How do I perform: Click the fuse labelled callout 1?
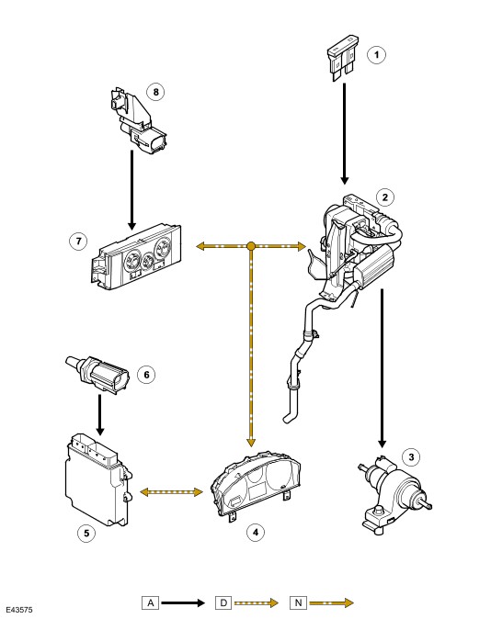tap(343, 58)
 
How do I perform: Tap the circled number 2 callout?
tap(385, 197)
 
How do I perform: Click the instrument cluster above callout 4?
tap(256, 487)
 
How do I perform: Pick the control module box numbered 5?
tap(97, 479)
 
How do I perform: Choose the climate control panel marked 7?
tap(136, 255)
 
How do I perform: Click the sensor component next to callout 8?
tap(137, 120)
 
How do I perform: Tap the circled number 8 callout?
tap(155, 92)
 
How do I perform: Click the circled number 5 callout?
tap(86, 534)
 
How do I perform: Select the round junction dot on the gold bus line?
tap(251, 246)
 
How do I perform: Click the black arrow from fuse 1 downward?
tap(345, 133)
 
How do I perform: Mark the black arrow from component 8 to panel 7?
tap(131, 190)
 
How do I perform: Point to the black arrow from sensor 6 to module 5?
tap(99, 414)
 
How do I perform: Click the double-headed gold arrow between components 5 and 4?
tap(172, 492)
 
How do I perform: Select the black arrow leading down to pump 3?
tap(382, 368)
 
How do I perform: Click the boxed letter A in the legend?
tap(150, 602)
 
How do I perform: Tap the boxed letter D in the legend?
tap(223, 602)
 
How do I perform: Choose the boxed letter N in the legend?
tap(298, 602)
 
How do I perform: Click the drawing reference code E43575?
tap(19, 610)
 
